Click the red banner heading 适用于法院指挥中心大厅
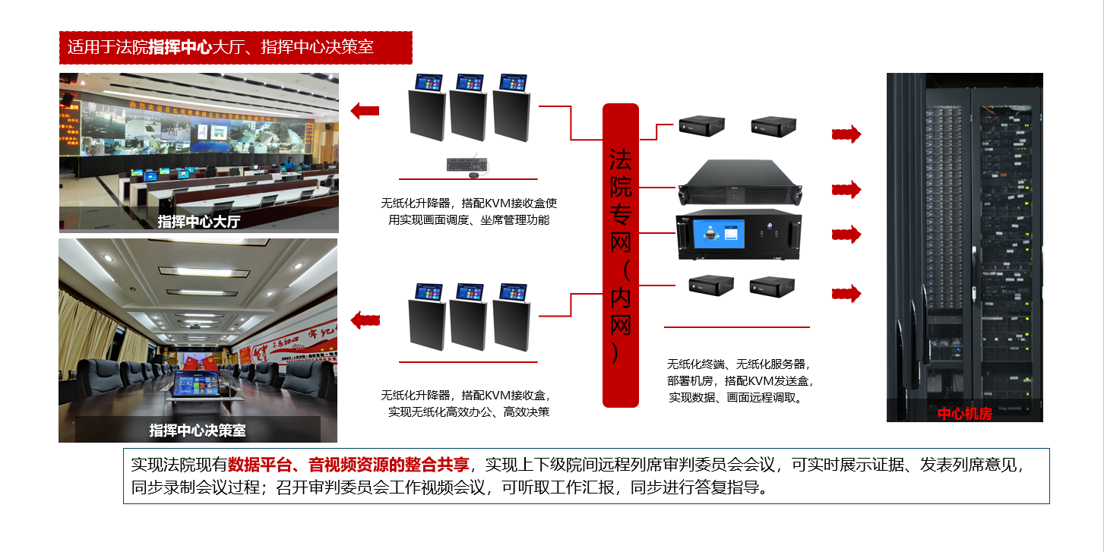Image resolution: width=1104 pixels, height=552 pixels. pyautogui.click(x=235, y=47)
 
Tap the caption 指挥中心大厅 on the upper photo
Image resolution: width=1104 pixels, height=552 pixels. pyautogui.click(x=198, y=222)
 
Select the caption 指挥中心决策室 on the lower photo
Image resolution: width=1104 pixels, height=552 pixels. pyautogui.click(x=198, y=431)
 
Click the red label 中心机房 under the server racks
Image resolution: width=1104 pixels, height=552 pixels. pyautogui.click(x=964, y=414)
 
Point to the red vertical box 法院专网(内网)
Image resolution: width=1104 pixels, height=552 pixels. pyautogui.click(x=621, y=255)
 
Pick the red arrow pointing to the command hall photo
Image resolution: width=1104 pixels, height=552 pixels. pyautogui.click(x=365, y=111)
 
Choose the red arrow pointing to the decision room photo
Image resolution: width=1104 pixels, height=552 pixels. pyautogui.click(x=365, y=319)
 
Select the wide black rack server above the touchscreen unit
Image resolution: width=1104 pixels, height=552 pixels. pyautogui.click(x=740, y=183)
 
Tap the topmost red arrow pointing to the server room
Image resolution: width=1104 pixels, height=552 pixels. pyautogui.click(x=846, y=134)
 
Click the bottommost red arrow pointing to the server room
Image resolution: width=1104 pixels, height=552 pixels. pyautogui.click(x=846, y=292)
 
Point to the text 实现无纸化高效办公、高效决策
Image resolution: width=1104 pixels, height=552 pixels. pyautogui.click(x=469, y=412)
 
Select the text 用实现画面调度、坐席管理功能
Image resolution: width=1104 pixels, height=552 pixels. pyautogui.click(x=469, y=220)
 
